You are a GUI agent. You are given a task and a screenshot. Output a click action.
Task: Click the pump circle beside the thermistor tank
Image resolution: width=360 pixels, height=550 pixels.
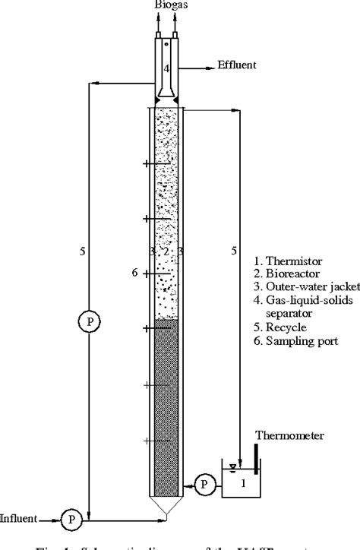[x=204, y=483]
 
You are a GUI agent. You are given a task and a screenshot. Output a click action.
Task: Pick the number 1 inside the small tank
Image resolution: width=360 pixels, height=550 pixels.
[x=242, y=484]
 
